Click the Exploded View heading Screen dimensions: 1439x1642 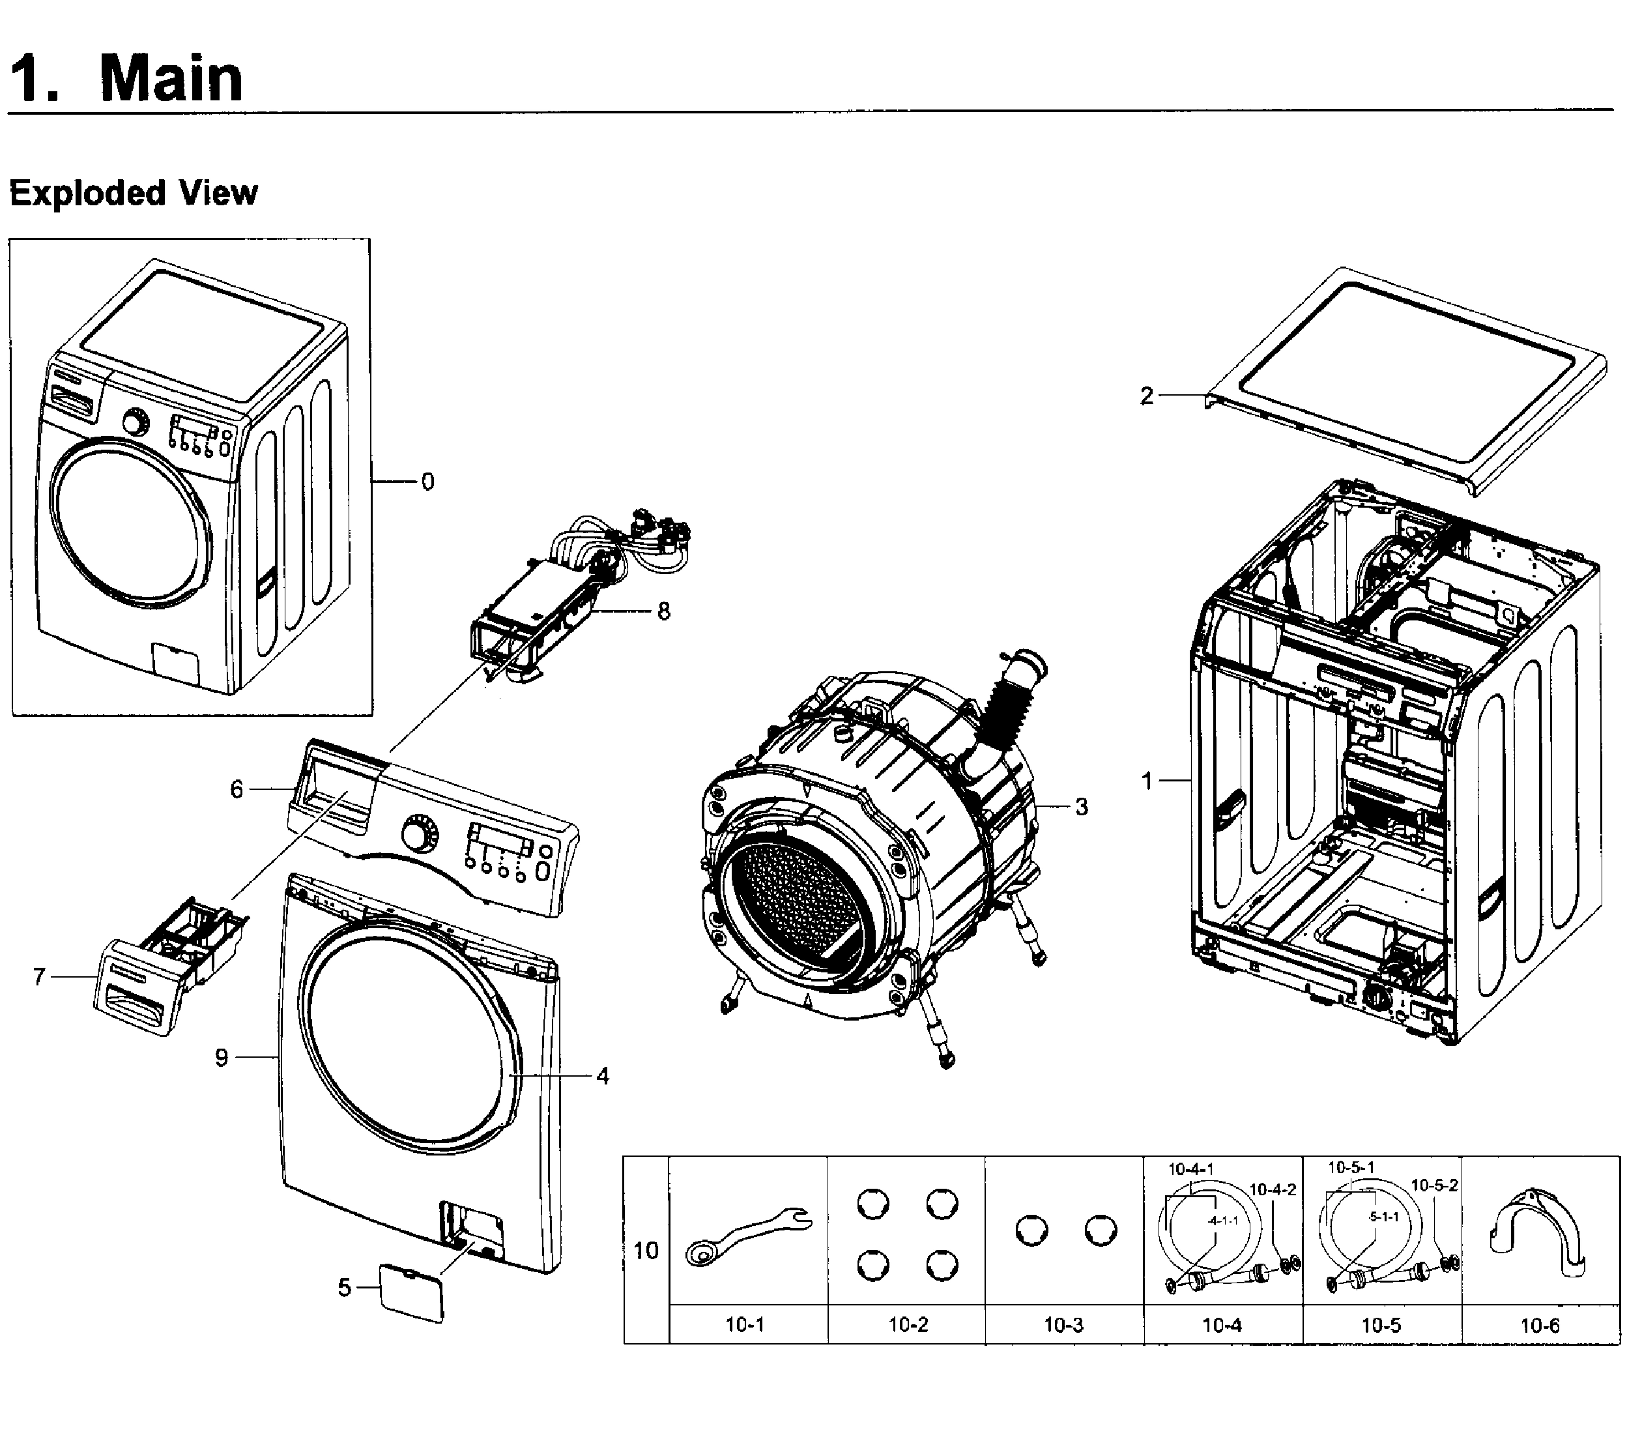click(x=134, y=194)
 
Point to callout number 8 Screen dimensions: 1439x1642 click(x=663, y=611)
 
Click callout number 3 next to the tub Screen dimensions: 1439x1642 click(x=1082, y=806)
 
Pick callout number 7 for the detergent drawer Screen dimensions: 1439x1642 click(x=38, y=976)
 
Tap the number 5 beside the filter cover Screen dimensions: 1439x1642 click(x=343, y=1288)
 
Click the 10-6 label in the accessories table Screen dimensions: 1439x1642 click(x=1539, y=1325)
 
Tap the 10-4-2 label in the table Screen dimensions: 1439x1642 click(x=1273, y=1189)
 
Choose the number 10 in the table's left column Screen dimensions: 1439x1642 click(x=646, y=1250)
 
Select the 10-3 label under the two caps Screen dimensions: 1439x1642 click(x=1063, y=1325)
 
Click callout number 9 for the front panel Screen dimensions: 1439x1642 click(x=222, y=1058)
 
